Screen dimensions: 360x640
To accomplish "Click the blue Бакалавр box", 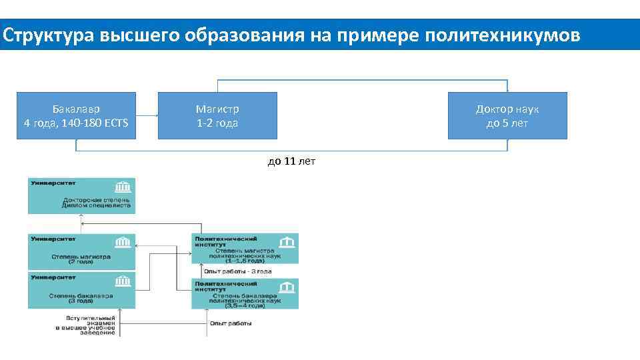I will tap(76, 115).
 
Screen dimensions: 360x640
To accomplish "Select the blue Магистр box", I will tap(217, 115).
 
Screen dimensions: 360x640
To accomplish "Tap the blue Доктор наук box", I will tap(507, 115).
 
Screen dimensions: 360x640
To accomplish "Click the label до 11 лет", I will tap(291, 161).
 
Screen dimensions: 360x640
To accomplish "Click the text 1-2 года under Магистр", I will tap(217, 123).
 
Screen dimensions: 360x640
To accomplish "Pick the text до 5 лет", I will tap(507, 123).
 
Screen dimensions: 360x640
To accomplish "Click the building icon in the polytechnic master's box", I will tap(287, 241).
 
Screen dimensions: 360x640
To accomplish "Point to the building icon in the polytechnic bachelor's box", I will tap(287, 287).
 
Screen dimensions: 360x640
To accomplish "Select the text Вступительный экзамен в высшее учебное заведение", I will tap(85, 324).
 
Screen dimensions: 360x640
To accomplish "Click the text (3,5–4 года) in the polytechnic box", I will tap(244, 306).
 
